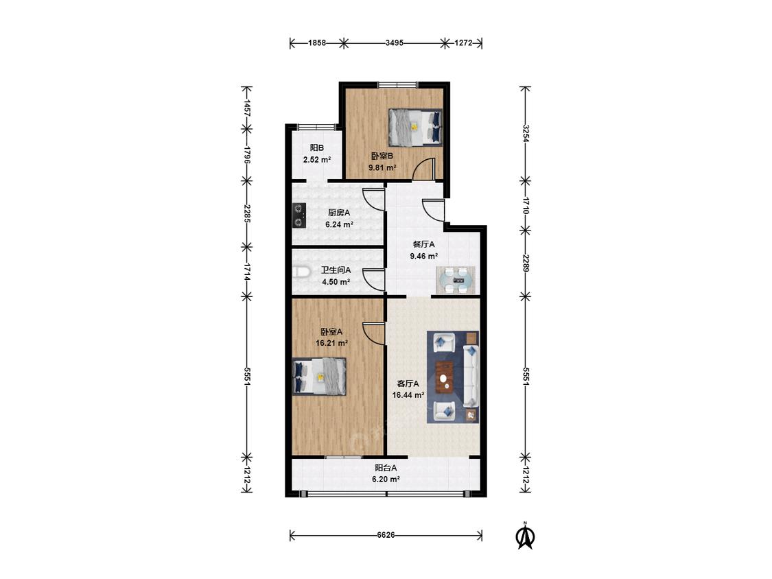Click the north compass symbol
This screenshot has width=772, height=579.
pyautogui.click(x=525, y=535)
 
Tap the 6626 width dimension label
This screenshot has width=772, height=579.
pyautogui.click(x=386, y=534)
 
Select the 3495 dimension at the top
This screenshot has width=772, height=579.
pyautogui.click(x=395, y=43)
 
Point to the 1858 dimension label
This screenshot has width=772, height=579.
pyautogui.click(x=317, y=43)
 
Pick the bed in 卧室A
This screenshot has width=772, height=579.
pyautogui.click(x=319, y=377)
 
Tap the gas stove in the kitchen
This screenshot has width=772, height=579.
pyautogui.click(x=299, y=215)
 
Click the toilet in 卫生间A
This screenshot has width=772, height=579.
pyautogui.click(x=301, y=272)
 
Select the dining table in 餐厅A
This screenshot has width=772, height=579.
pyautogui.click(x=456, y=280)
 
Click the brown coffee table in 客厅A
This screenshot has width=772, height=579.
pyautogui.click(x=445, y=378)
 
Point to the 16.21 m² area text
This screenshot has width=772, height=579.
pyautogui.click(x=332, y=343)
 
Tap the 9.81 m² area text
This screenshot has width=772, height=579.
pyautogui.click(x=382, y=167)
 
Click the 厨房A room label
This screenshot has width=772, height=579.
pyautogui.click(x=339, y=213)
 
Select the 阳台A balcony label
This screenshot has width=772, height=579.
pyautogui.click(x=386, y=469)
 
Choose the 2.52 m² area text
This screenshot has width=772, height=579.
pyautogui.click(x=316, y=160)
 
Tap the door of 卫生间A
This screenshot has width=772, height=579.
pyautogui.click(x=374, y=280)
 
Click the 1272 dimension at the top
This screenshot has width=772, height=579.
pyautogui.click(x=463, y=43)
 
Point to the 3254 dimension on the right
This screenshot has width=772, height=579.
pyautogui.click(x=526, y=133)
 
